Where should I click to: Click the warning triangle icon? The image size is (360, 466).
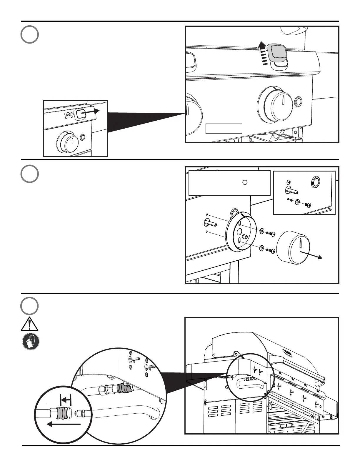29,324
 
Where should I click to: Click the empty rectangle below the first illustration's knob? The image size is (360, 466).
224,129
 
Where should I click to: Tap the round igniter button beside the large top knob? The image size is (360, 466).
298,102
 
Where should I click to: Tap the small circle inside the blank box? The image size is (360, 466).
245,182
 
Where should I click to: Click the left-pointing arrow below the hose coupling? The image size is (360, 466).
63,424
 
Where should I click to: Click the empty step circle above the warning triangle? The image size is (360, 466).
29,306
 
